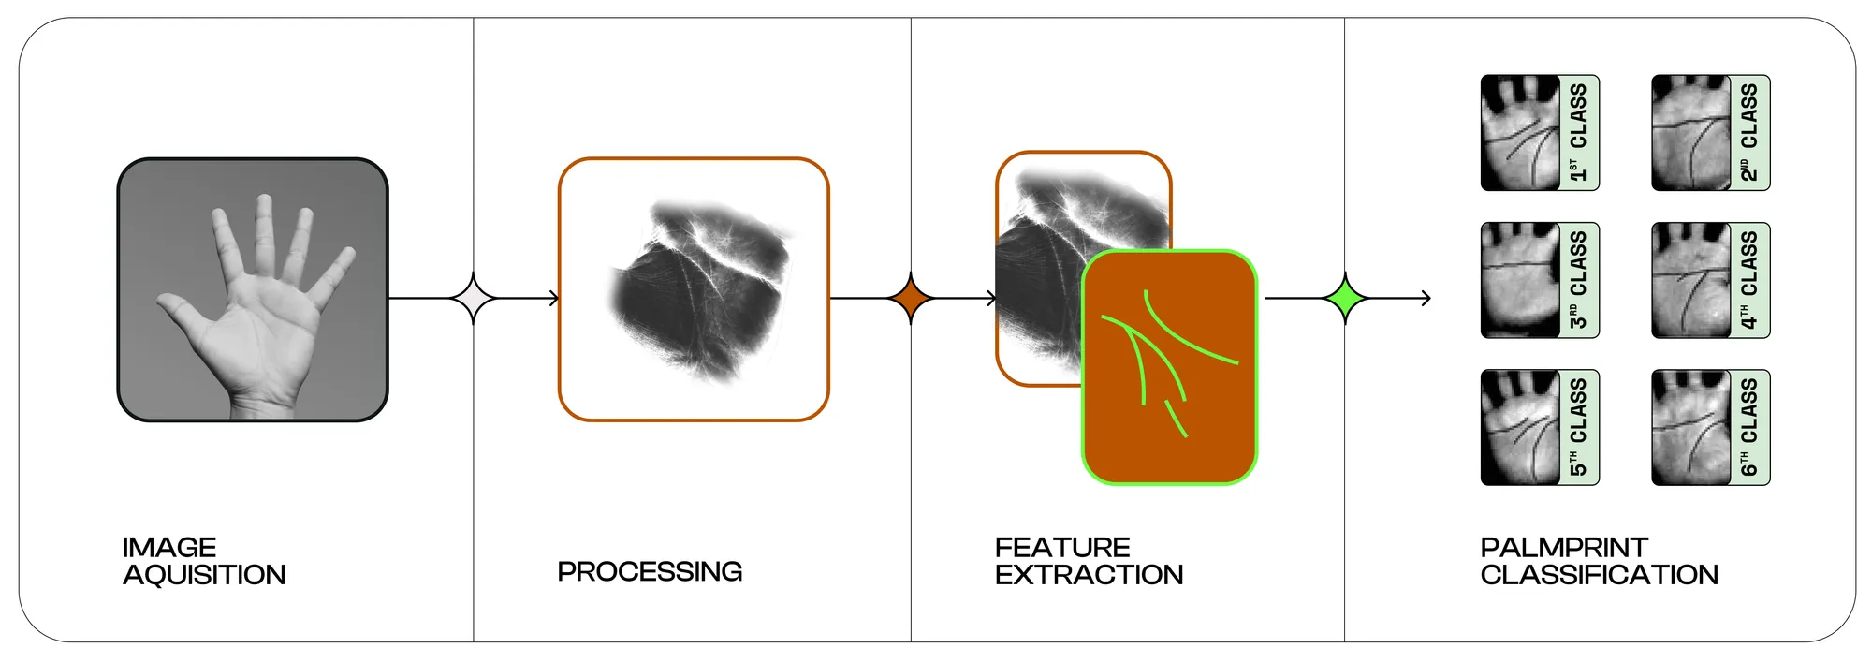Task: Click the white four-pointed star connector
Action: click(x=474, y=299)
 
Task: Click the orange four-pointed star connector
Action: click(x=911, y=299)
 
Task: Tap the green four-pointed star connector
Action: click(x=1345, y=299)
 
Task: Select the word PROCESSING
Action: click(x=650, y=571)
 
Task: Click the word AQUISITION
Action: click(x=204, y=575)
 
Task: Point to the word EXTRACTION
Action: click(x=1089, y=575)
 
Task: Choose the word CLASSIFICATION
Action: click(x=1599, y=575)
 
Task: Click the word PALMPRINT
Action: click(x=1564, y=547)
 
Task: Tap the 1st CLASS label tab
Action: click(x=1578, y=133)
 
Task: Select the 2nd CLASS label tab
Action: click(x=1749, y=133)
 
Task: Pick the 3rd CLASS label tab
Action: click(x=1578, y=280)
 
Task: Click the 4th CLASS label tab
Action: click(x=1749, y=280)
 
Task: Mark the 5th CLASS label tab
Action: click(x=1578, y=428)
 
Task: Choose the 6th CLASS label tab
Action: click(x=1749, y=428)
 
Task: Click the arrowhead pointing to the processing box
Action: click(x=554, y=299)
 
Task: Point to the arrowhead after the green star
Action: click(x=1426, y=299)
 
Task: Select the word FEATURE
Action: click(x=1062, y=547)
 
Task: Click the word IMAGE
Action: click(x=169, y=547)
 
